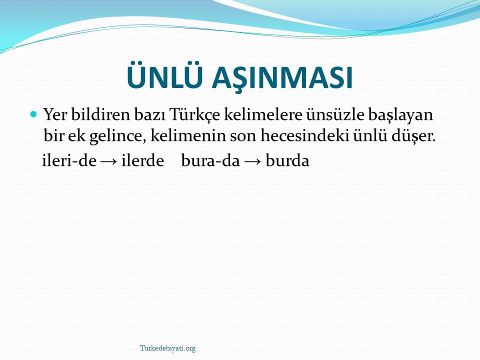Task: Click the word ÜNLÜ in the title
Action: [x=165, y=75]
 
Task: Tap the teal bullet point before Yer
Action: [x=33, y=114]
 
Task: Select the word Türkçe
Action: [x=194, y=115]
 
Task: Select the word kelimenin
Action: [x=188, y=135]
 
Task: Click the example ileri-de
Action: [x=69, y=160]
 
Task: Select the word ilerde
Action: [x=142, y=160]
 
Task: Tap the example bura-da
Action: [x=210, y=160]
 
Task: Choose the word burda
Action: [x=287, y=160]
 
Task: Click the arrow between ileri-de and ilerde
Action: [x=109, y=162]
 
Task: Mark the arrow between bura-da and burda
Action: [x=252, y=162]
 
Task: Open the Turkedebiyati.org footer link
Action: [x=168, y=348]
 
